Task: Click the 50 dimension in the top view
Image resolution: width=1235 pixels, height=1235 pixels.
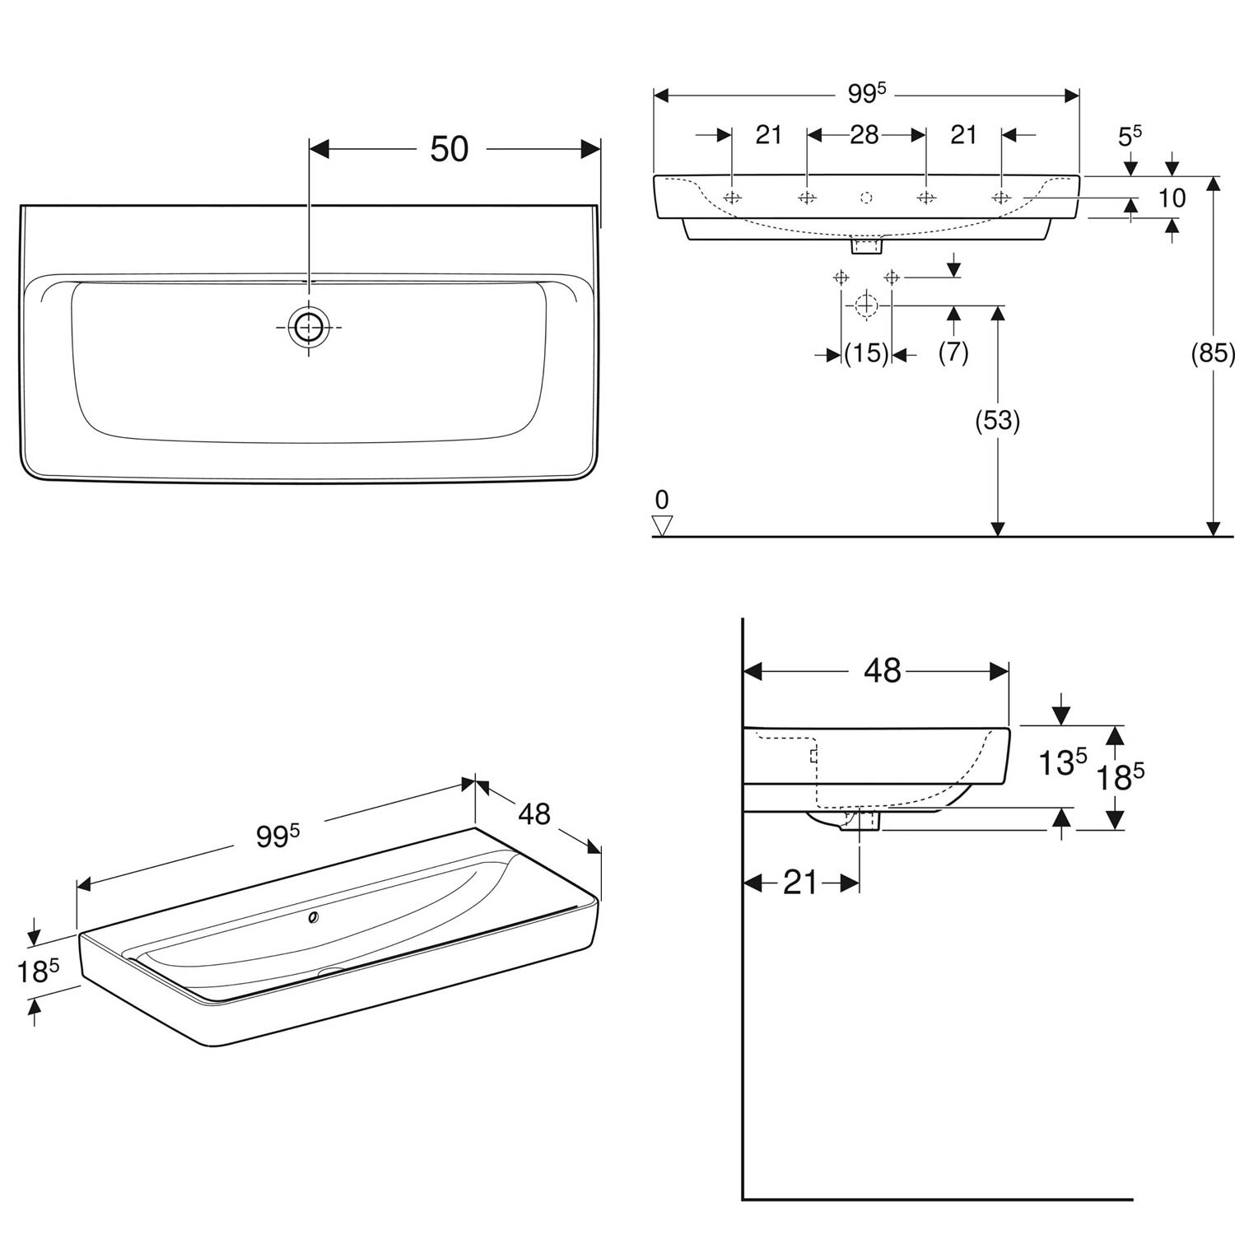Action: click(450, 149)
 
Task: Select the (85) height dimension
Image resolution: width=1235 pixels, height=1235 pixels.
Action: click(1214, 353)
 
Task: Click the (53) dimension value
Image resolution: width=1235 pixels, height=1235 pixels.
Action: click(997, 421)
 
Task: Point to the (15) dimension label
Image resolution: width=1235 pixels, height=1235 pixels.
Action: click(867, 354)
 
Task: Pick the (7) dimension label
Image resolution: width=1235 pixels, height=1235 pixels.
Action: click(953, 352)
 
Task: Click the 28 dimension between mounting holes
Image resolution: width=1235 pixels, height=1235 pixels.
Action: click(864, 134)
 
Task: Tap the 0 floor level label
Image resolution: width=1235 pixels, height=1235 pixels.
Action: click(662, 499)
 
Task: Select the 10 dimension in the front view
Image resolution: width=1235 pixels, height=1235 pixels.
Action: click(1172, 198)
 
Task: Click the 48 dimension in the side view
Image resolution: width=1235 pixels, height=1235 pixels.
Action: click(882, 671)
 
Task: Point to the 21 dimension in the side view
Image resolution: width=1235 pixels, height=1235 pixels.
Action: click(801, 883)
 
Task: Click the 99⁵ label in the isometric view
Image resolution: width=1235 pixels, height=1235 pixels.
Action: click(277, 836)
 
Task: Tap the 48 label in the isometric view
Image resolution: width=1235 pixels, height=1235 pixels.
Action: click(534, 813)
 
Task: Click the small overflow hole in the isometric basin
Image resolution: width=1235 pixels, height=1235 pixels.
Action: click(313, 918)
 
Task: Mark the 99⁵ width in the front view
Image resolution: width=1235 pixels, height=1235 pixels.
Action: click(866, 94)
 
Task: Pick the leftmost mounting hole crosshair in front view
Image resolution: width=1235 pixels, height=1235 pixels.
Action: click(732, 198)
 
